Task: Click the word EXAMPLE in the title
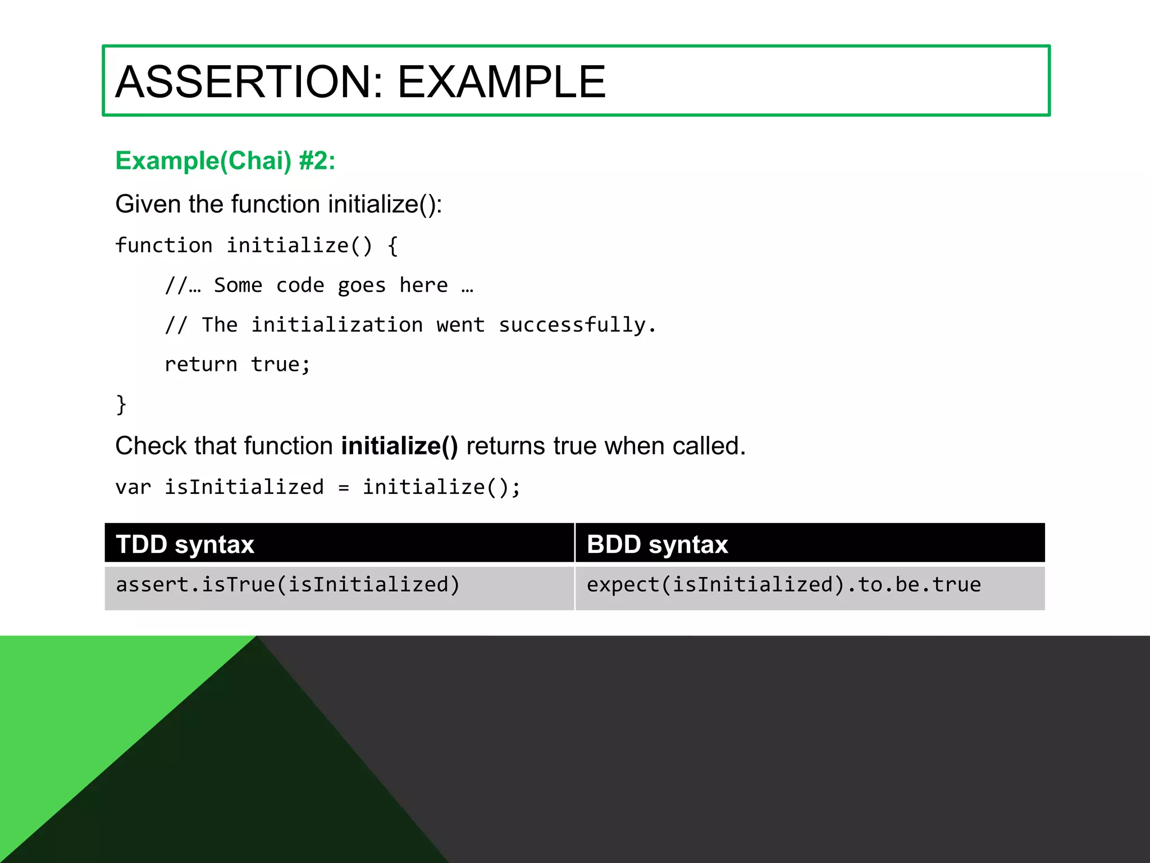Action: click(501, 82)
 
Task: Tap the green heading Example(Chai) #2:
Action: click(225, 161)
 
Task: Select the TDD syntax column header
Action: click(185, 544)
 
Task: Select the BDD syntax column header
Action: click(657, 544)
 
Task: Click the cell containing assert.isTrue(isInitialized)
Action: click(287, 585)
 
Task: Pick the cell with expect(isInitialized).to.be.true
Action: click(783, 585)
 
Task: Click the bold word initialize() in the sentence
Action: click(399, 446)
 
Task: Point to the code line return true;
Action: click(237, 365)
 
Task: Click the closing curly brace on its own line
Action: click(121, 405)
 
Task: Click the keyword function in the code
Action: click(163, 246)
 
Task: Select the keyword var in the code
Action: click(133, 487)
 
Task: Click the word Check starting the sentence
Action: click(150, 446)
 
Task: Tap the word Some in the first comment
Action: click(238, 285)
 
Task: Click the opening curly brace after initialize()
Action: click(393, 246)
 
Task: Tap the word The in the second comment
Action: click(220, 325)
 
